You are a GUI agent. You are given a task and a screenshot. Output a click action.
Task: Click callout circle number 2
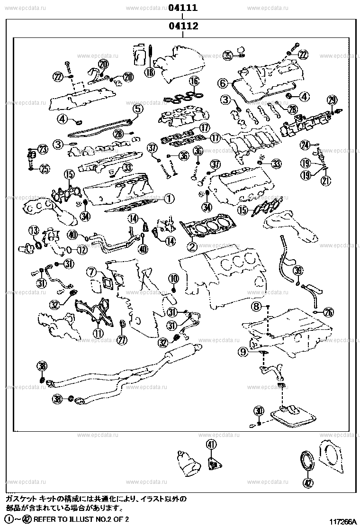tap(192, 246)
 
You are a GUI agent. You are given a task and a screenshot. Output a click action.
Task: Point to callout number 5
tap(137, 109)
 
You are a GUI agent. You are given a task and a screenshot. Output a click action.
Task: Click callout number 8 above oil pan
tap(256, 307)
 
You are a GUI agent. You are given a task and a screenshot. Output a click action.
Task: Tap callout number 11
tap(98, 333)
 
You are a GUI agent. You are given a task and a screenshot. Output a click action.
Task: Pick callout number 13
tap(33, 231)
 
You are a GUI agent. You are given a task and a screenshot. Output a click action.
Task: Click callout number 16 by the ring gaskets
tap(194, 81)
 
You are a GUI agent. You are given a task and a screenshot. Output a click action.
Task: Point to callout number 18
tap(150, 72)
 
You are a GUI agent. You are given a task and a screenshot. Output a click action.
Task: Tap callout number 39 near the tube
tap(297, 270)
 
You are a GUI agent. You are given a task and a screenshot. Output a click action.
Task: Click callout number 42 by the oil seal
tap(309, 483)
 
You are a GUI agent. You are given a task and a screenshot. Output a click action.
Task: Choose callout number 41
tap(211, 444)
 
